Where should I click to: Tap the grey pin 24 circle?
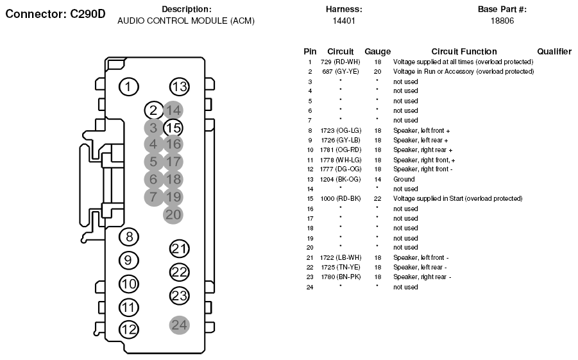tap(180, 325)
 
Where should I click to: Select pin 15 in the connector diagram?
tap(173, 128)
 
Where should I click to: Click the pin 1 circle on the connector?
tap(129, 87)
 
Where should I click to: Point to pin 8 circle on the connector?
tap(129, 237)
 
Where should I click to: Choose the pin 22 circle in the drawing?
tap(180, 272)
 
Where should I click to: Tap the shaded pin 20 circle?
tap(173, 214)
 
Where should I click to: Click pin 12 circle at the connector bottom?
tap(129, 330)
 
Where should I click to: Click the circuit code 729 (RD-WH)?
tap(340, 62)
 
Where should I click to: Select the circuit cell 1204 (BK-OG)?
tap(340, 180)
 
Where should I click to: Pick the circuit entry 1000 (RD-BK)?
tap(340, 199)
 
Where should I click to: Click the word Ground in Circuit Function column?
tap(404, 180)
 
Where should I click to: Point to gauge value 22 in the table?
tap(377, 199)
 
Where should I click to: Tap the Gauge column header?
tap(377, 51)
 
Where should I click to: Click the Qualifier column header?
tap(554, 51)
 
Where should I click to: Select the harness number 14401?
tap(344, 21)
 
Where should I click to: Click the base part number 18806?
tap(502, 21)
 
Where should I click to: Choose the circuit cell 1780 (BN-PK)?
tap(340, 277)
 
